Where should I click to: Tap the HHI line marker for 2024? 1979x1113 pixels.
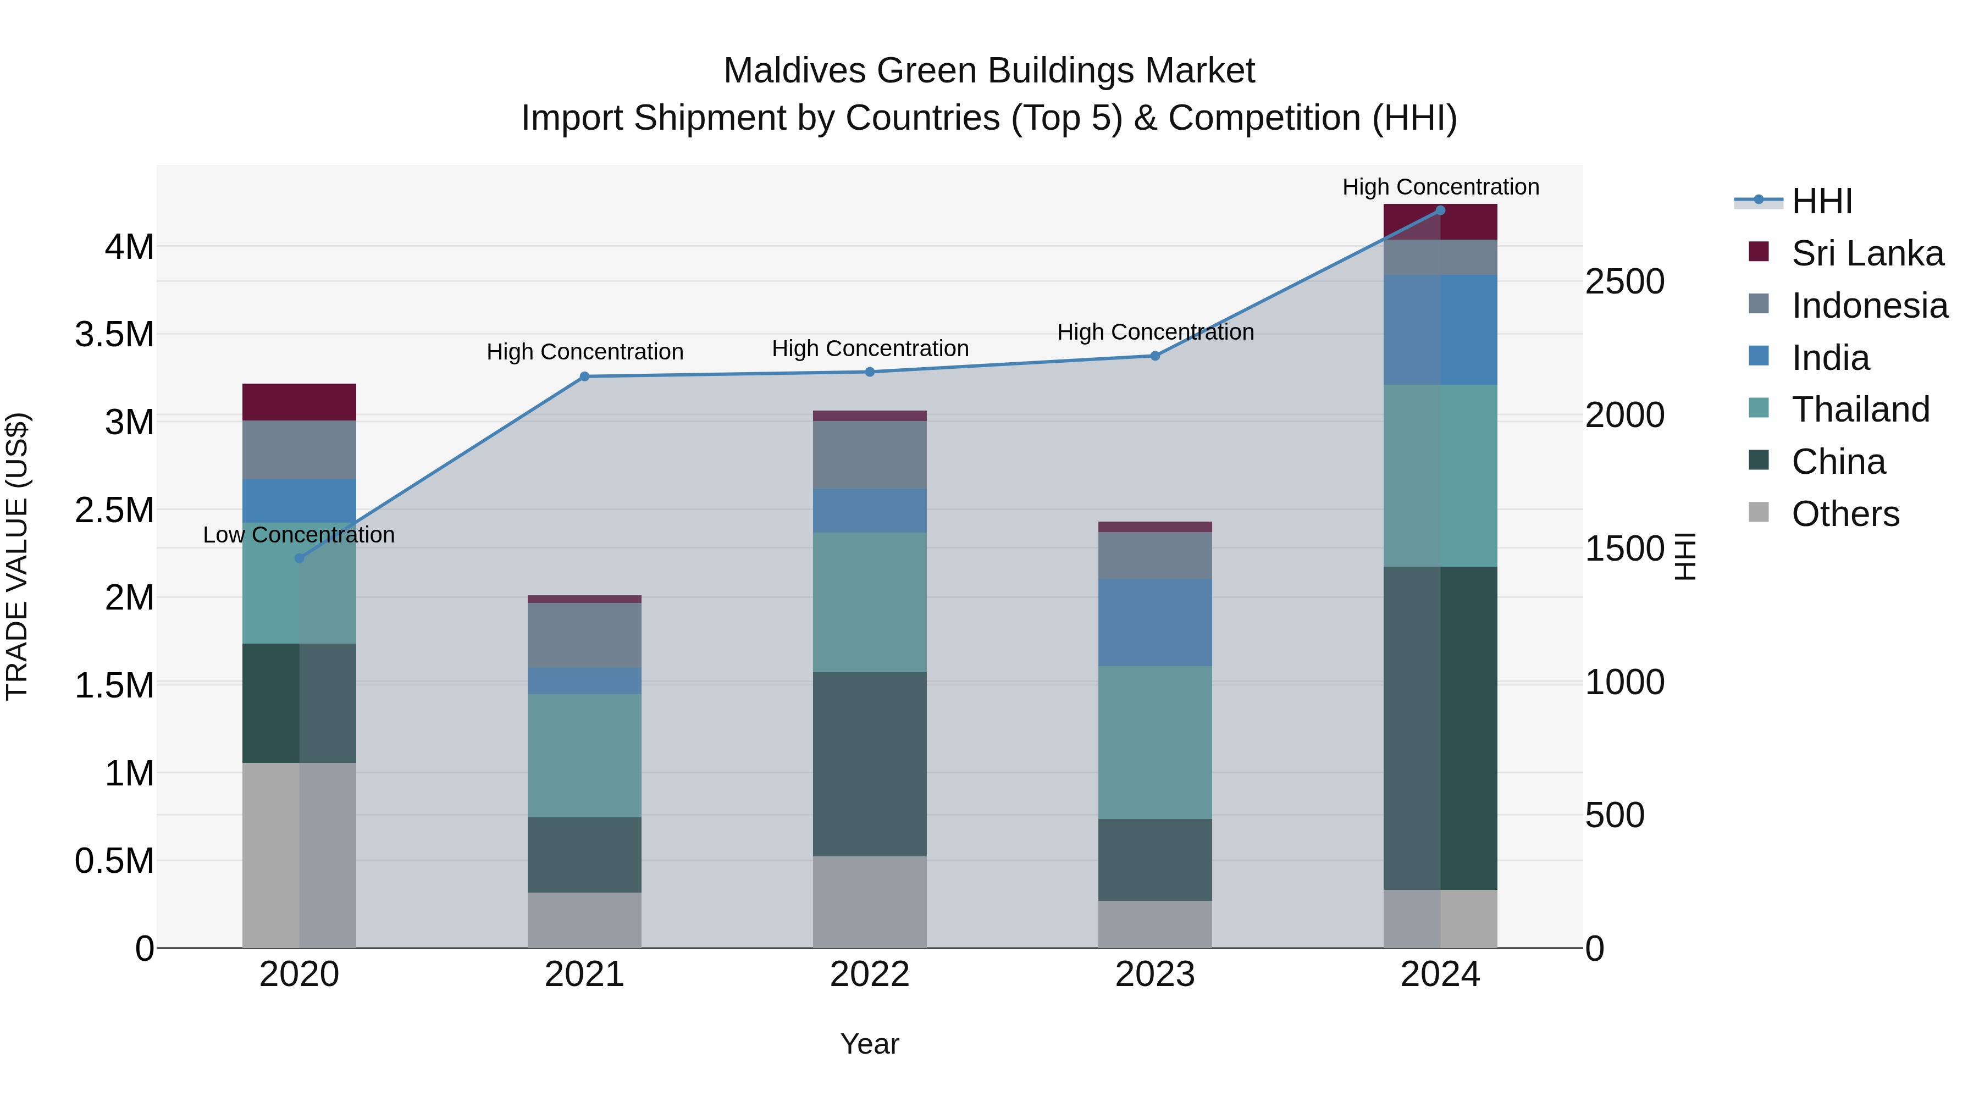(1440, 211)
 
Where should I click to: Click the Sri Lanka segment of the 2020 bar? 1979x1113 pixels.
(299, 402)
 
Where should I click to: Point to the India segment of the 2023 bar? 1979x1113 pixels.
(1154, 622)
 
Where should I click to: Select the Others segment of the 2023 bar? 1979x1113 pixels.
(1154, 924)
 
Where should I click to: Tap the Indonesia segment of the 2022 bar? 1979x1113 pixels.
(870, 455)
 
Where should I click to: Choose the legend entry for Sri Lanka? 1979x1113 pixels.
(1867, 253)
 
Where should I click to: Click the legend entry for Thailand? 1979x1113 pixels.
(1860, 409)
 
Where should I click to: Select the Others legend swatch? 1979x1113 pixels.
(1759, 512)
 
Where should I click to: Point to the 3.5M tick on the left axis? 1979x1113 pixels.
(114, 335)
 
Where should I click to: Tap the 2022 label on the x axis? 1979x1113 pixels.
(870, 974)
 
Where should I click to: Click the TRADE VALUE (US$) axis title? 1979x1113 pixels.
(17, 556)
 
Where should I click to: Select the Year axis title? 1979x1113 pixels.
(870, 1044)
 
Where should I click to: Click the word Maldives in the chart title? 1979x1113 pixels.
(794, 71)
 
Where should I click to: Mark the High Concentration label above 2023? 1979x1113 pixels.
(1154, 332)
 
